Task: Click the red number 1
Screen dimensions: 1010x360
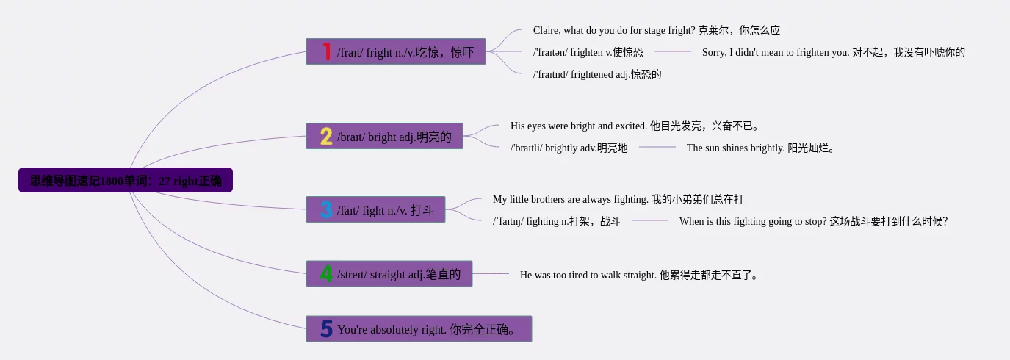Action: (x=327, y=51)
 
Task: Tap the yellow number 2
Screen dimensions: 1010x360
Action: (x=326, y=136)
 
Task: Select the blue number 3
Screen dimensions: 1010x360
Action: (x=326, y=209)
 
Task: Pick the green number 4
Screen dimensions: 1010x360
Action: (x=326, y=274)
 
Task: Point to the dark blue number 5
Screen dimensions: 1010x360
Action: (x=326, y=329)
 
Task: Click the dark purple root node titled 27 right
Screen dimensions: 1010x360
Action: (x=126, y=180)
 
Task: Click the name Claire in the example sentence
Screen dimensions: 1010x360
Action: (x=547, y=31)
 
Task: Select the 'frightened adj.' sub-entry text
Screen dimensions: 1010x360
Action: (x=596, y=74)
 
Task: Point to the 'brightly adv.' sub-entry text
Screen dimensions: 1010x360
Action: (x=569, y=148)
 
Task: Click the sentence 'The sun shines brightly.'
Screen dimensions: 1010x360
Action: (x=761, y=148)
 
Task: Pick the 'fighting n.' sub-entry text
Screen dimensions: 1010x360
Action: (x=556, y=221)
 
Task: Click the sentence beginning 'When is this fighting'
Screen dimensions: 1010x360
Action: (x=813, y=221)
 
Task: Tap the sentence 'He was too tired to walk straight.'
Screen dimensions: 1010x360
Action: (x=638, y=275)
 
